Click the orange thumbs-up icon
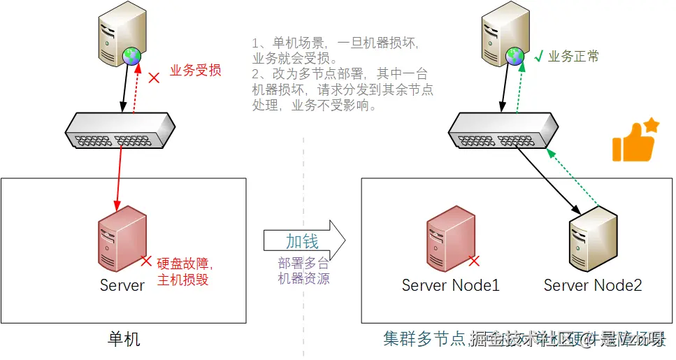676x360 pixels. click(635, 142)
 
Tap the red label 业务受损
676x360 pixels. click(196, 71)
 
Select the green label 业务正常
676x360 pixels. click(573, 57)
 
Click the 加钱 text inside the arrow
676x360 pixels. click(302, 241)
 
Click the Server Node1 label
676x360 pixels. click(451, 285)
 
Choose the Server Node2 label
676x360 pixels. click(593, 285)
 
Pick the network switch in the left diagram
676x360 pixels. click(119, 131)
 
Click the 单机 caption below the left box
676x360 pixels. click(124, 340)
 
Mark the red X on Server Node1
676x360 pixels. click(474, 261)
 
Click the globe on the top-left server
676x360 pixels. click(131, 57)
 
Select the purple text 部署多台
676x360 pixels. click(303, 263)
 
